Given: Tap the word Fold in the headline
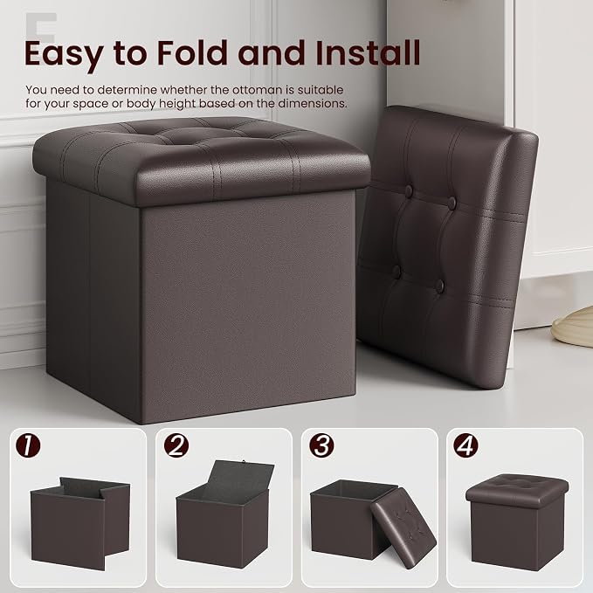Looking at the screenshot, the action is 193,53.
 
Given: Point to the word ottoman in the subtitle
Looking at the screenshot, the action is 257,90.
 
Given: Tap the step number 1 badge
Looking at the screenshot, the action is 28,445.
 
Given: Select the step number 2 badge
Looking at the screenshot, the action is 176,445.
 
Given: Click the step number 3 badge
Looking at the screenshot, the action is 321,445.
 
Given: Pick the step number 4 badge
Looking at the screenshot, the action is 466,445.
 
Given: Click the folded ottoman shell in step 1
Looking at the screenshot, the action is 80,522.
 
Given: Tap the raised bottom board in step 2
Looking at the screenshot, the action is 239,477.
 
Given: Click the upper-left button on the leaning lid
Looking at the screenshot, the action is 409,190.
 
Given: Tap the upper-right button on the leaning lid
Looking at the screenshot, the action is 452,203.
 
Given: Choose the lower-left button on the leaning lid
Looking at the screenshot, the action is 396,271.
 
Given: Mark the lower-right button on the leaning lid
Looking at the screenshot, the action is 439,286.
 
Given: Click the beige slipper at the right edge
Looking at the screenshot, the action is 572,328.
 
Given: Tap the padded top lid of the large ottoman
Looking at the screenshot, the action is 202,161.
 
